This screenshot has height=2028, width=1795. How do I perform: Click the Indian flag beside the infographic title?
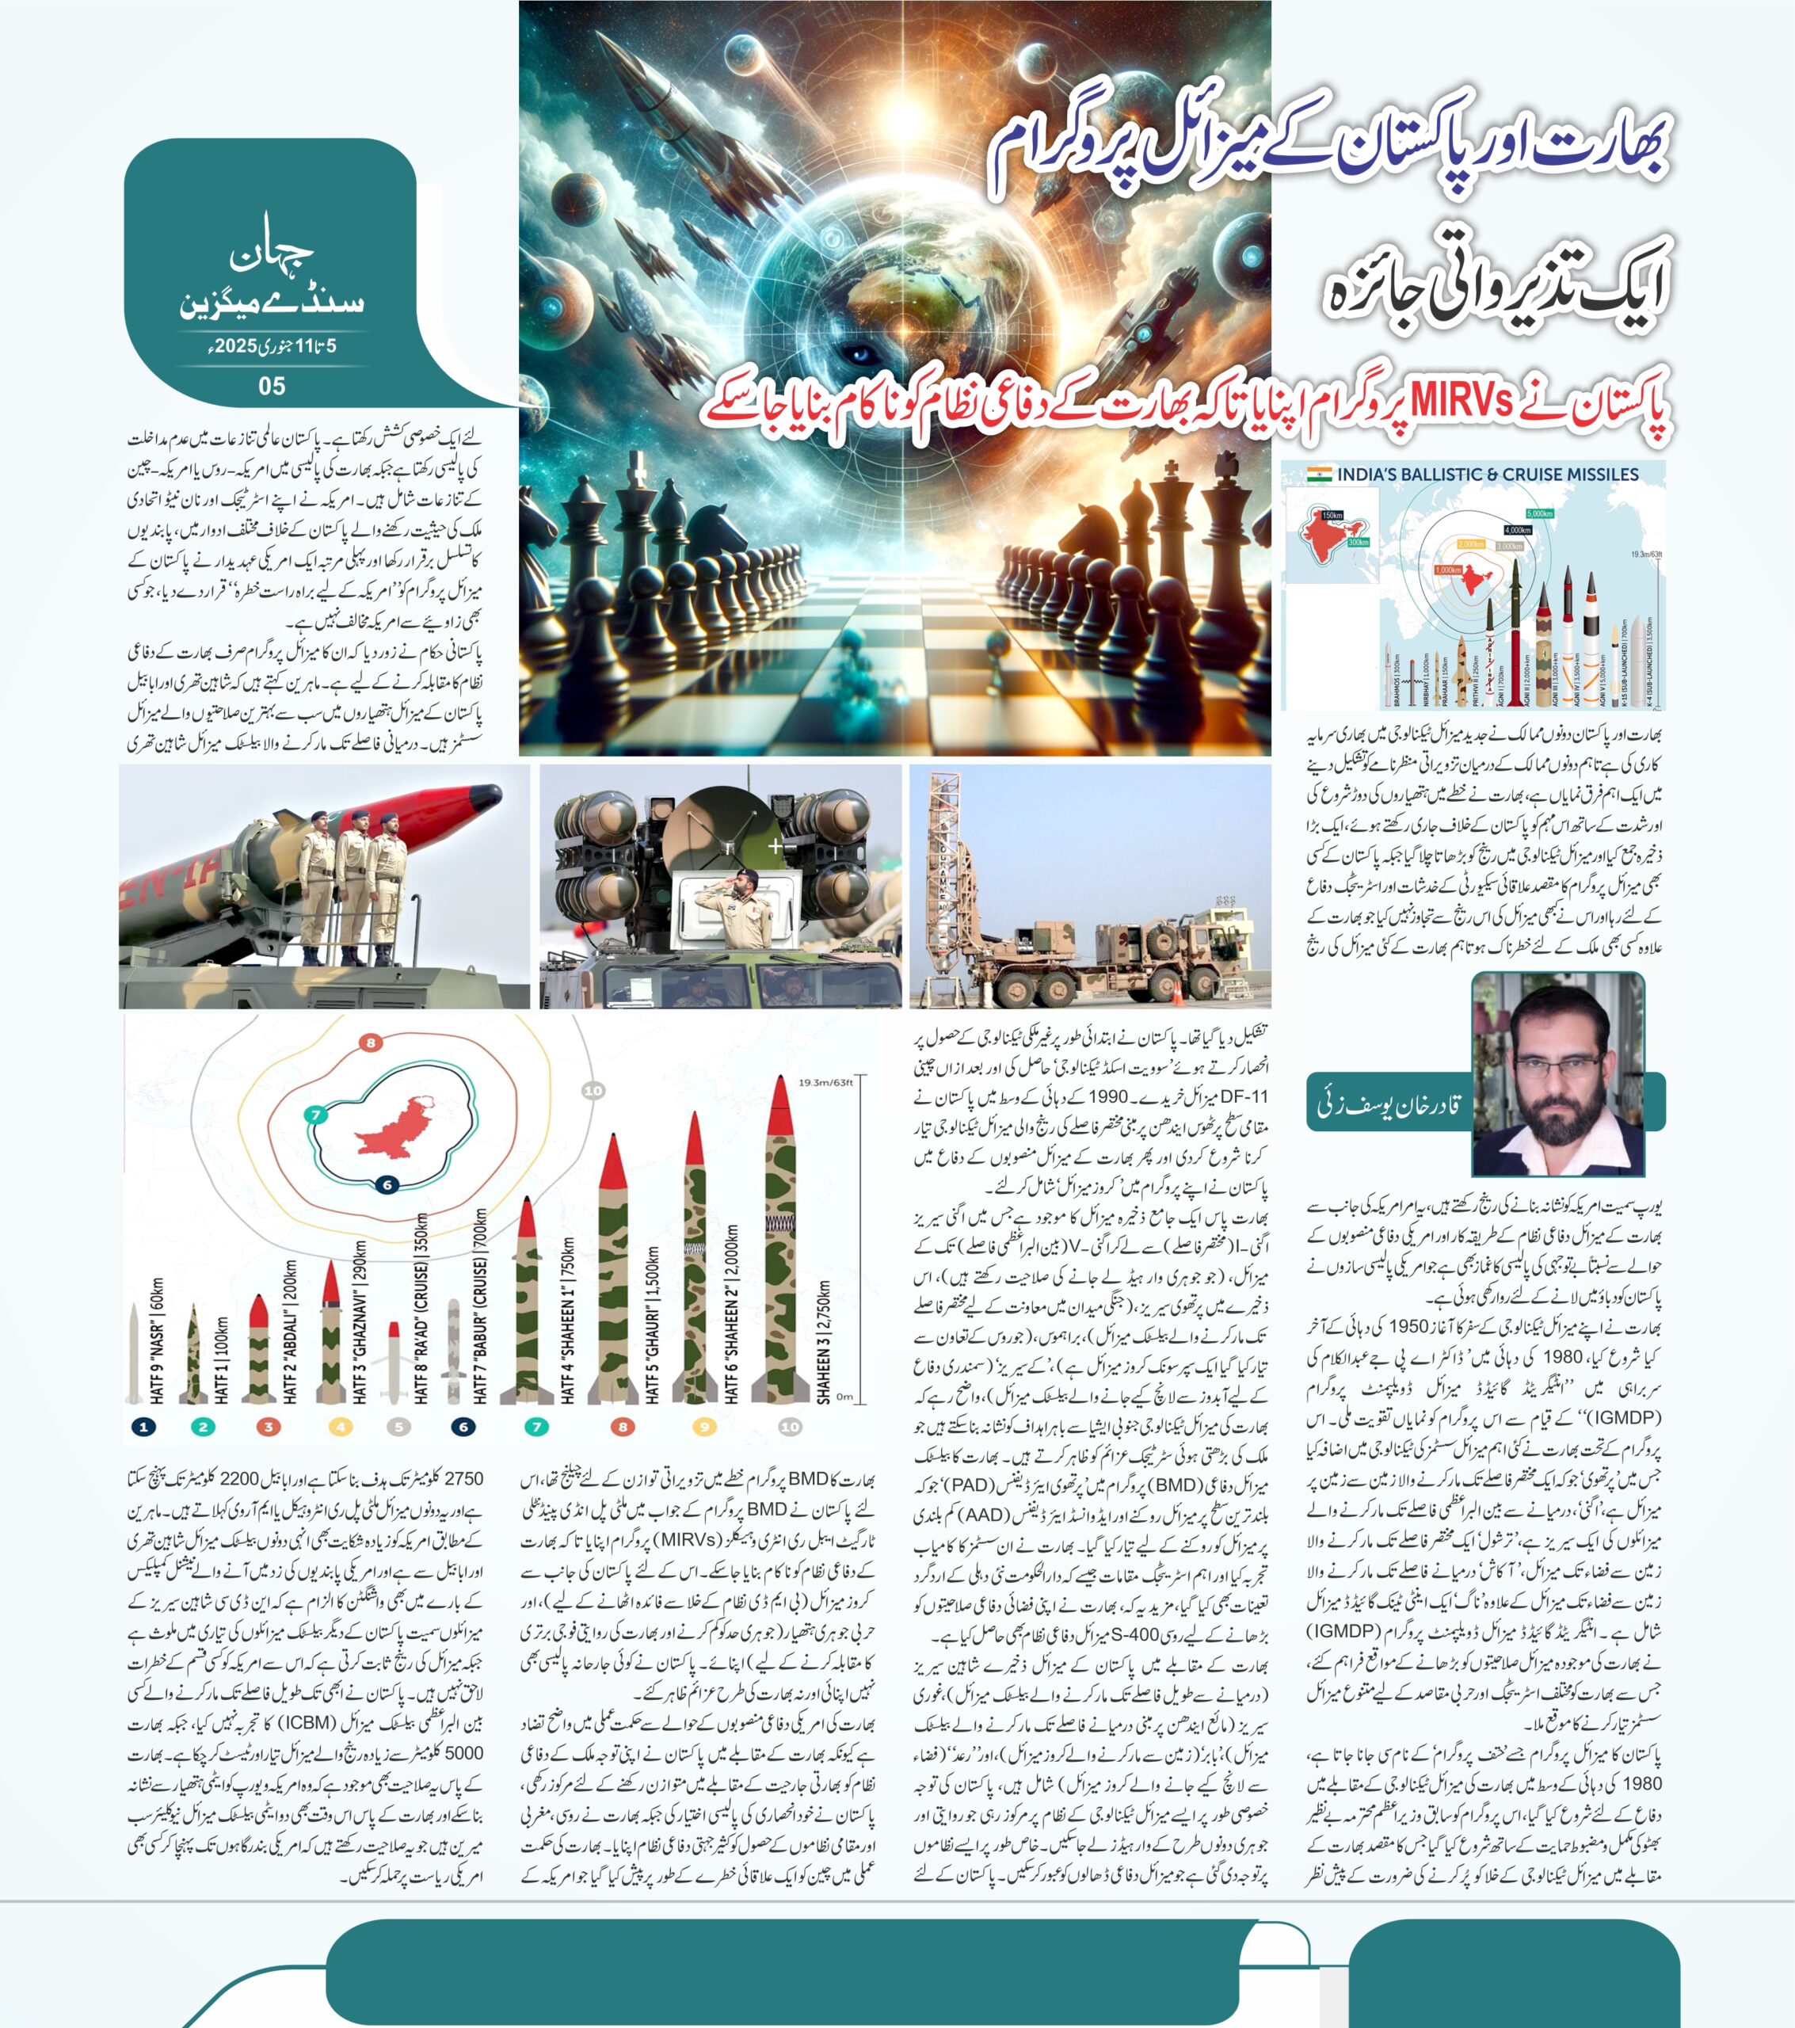[x=1319, y=475]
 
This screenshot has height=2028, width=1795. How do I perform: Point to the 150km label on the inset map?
[x=1332, y=516]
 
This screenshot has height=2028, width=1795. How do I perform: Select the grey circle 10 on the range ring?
[x=593, y=1090]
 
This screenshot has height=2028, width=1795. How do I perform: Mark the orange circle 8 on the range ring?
[x=370, y=1043]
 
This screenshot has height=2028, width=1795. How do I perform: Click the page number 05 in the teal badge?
[x=271, y=386]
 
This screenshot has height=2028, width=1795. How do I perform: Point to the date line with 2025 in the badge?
[x=272, y=347]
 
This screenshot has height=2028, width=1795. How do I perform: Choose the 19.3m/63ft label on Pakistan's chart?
[x=825, y=1082]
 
